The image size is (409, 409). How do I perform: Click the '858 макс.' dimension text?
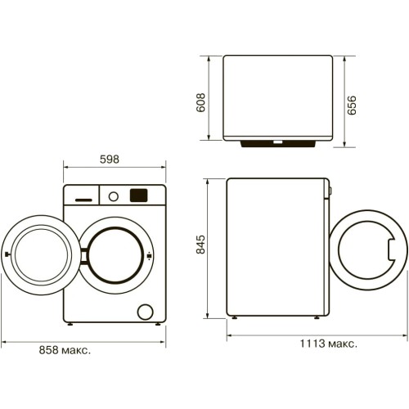[65, 350]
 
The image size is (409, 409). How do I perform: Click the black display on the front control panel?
[138, 196]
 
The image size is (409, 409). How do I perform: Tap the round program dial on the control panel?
[114, 196]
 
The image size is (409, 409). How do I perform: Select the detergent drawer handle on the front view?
[83, 197]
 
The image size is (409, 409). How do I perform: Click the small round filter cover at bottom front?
[146, 312]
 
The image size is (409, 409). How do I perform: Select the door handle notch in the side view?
[393, 244]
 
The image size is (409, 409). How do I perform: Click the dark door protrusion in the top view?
[276, 144]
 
